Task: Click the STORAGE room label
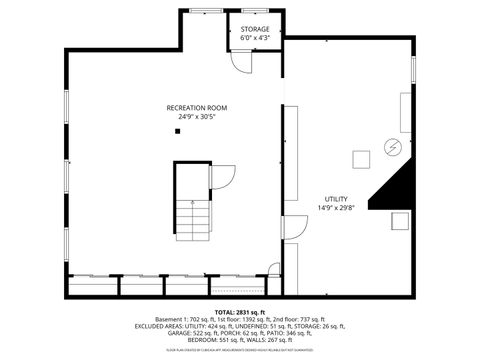click(x=255, y=30)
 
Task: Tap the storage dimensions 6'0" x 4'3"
click(x=255, y=39)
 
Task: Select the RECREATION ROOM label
click(x=197, y=107)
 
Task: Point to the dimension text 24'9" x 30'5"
click(x=197, y=116)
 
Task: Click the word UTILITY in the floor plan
click(x=336, y=198)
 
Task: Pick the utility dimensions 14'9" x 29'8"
click(x=336, y=207)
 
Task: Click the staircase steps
click(x=196, y=217)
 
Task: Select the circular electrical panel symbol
click(x=394, y=149)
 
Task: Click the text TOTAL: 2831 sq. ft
click(x=240, y=312)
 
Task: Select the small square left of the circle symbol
click(x=360, y=158)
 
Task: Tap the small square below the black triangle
click(x=399, y=221)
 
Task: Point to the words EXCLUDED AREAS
click(x=165, y=325)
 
